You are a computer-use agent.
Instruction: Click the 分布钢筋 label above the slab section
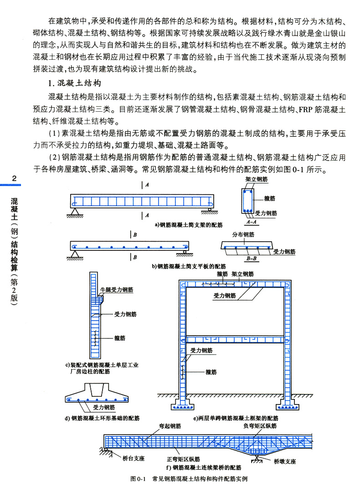click(x=243, y=234)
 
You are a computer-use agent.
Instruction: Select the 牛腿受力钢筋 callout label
click(x=116, y=289)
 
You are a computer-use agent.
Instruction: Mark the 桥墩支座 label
click(x=285, y=462)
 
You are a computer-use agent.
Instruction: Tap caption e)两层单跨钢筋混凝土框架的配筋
click(x=236, y=418)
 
